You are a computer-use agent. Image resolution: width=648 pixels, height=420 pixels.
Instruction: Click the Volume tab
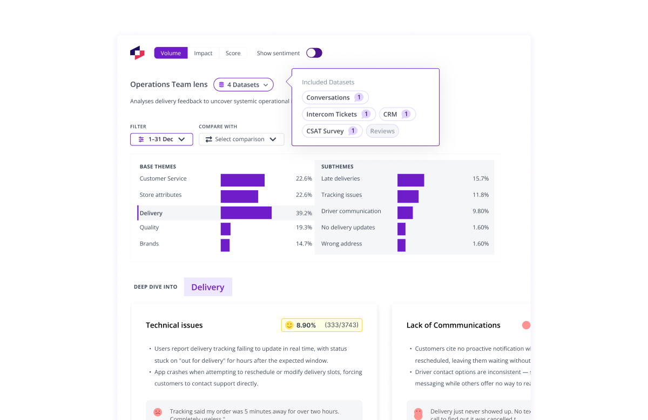click(171, 53)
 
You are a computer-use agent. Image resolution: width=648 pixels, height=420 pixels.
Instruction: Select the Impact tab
click(203, 53)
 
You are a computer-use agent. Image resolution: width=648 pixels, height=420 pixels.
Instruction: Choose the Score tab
click(233, 53)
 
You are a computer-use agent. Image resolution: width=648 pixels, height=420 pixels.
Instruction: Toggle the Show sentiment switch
click(314, 53)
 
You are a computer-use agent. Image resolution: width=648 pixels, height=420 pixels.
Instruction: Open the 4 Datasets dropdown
click(244, 85)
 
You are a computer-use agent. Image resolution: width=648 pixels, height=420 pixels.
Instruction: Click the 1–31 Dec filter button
click(161, 139)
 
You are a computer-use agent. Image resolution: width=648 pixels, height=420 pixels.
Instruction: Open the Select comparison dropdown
click(241, 139)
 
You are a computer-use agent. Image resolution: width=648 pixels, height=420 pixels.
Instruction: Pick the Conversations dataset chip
click(335, 98)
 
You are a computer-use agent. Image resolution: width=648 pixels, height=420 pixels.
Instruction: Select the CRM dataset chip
click(397, 115)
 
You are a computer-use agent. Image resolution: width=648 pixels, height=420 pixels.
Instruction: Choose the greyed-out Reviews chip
click(382, 131)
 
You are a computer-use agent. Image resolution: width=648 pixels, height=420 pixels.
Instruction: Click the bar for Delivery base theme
click(246, 213)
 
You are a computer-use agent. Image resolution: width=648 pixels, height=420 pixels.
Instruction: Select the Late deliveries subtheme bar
click(410, 180)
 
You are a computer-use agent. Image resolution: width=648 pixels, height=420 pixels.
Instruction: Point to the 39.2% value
click(303, 214)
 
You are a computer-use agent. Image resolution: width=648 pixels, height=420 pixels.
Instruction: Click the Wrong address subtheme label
click(341, 244)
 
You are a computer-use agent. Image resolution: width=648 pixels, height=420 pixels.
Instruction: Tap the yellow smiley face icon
click(289, 325)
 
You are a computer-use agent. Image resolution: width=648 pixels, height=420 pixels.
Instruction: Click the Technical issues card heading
click(174, 325)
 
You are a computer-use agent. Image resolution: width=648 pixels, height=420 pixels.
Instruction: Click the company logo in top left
click(137, 53)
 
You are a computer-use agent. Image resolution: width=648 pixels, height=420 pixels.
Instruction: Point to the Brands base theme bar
click(225, 245)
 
